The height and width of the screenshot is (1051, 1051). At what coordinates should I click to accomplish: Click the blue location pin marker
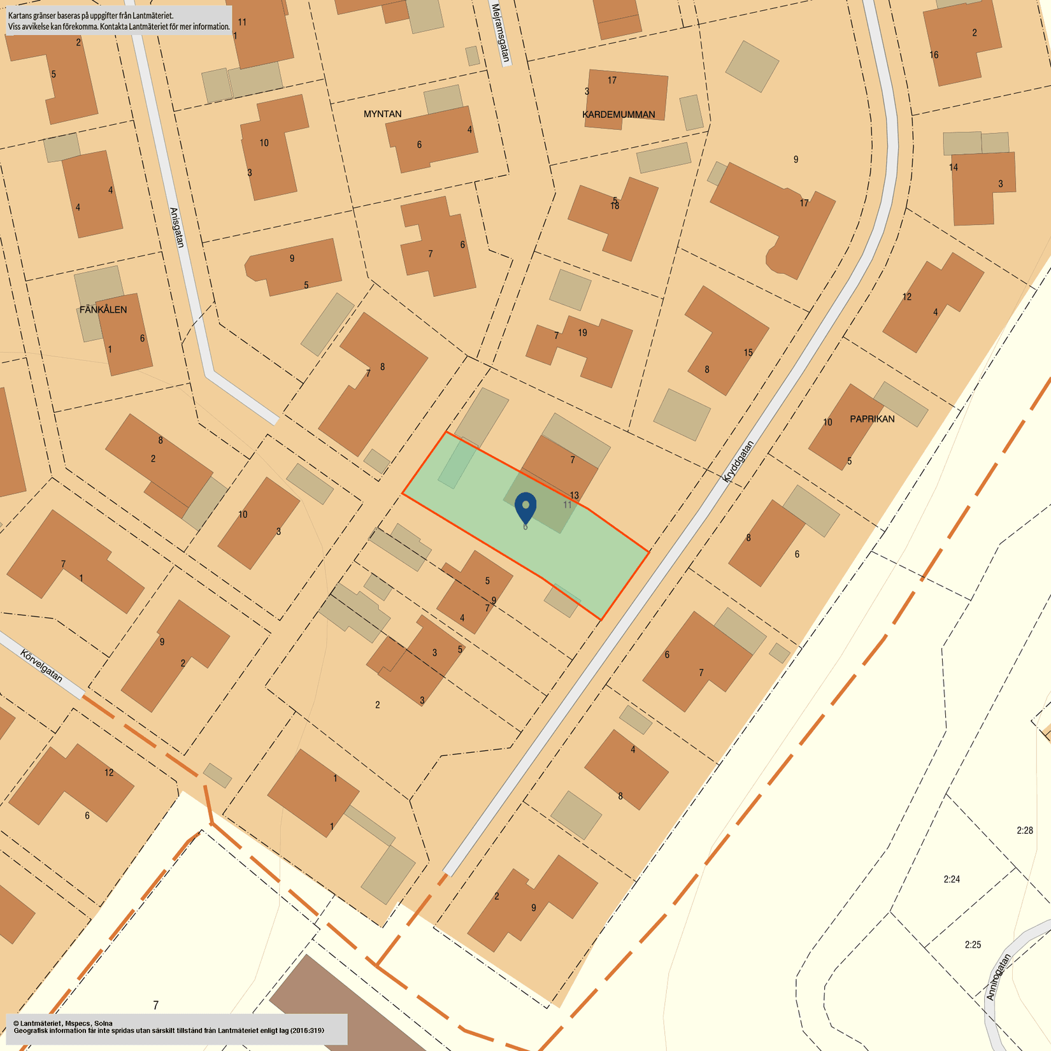525,507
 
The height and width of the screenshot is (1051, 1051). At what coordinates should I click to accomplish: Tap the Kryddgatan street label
738,461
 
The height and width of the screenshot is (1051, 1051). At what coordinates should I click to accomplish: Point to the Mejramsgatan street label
501,33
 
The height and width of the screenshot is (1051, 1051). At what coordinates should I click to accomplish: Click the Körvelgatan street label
41,666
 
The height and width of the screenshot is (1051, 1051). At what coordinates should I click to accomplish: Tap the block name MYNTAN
382,114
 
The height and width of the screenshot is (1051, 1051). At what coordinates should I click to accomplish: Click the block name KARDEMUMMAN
618,115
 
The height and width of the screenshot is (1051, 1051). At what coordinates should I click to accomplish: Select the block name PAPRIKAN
872,419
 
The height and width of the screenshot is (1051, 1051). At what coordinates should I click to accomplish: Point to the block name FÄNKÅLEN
103,310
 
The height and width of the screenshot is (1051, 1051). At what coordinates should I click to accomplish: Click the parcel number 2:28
1024,830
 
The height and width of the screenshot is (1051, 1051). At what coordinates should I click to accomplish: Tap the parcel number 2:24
951,879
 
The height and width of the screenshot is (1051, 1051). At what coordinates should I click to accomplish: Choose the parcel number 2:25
973,945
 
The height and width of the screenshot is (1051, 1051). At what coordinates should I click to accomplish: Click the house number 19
582,332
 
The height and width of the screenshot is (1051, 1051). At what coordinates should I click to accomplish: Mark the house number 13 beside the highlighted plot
574,495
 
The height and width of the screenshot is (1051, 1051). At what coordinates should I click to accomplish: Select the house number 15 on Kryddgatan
748,352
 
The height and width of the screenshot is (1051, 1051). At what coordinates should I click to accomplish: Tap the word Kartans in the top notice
21,15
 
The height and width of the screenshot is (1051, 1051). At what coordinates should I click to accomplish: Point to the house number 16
933,55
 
